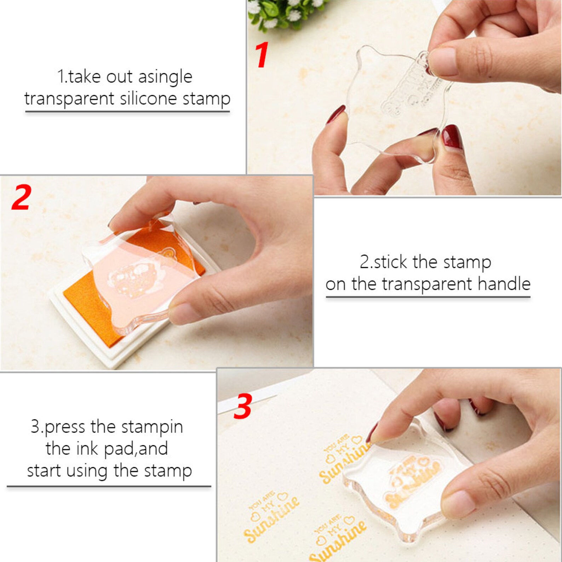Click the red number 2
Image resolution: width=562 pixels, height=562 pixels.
[x=21, y=197]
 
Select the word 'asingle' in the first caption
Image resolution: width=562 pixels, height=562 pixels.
[x=165, y=77]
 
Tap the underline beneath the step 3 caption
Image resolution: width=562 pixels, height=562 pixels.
[x=109, y=486]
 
